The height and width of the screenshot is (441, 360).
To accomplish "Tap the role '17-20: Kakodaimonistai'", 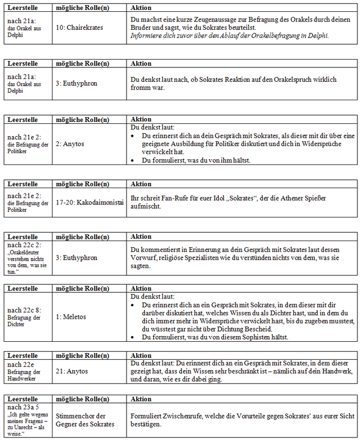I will (90, 202).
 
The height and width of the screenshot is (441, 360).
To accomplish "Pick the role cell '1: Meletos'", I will (71, 317).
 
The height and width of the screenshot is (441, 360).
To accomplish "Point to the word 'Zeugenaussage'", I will (198, 19).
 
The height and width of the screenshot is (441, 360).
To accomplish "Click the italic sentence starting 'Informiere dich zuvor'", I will (229, 35).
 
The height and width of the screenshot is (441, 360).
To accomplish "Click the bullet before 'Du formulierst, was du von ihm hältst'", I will (133, 160).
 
